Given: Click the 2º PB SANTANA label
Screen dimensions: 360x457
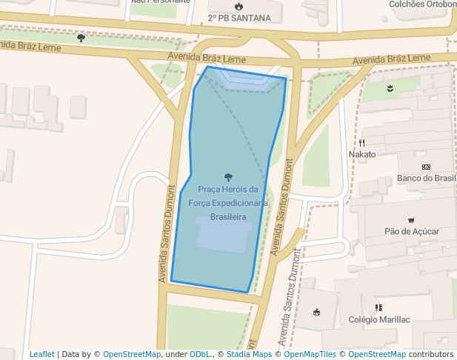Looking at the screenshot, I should tap(234, 18).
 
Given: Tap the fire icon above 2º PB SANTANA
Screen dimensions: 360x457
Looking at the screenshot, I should tap(238, 7).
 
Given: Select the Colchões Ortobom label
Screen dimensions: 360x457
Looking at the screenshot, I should tap(423, 4).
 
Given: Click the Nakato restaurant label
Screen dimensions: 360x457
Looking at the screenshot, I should tap(362, 154).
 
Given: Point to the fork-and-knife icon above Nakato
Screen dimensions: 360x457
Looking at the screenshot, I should tap(362, 143).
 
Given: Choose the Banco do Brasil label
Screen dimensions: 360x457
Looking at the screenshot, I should tap(427, 178).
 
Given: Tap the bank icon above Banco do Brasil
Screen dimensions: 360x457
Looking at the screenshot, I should tap(426, 167).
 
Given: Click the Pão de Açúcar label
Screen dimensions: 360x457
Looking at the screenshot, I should tap(412, 231).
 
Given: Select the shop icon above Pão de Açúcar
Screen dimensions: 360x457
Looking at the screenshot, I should tap(411, 220).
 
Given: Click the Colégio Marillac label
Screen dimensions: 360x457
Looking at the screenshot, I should tap(378, 319).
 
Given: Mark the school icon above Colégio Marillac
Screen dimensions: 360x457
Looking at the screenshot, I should tap(378, 307).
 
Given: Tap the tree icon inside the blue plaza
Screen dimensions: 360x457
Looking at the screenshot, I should tap(227, 177).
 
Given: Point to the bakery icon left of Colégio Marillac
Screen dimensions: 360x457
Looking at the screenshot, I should tap(318, 311).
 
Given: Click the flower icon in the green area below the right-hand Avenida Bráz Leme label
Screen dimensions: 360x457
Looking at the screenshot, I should tap(390, 89).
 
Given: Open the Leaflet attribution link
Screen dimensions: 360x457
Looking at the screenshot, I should tap(42, 354).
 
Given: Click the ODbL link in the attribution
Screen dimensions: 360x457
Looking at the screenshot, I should tap(200, 354).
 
